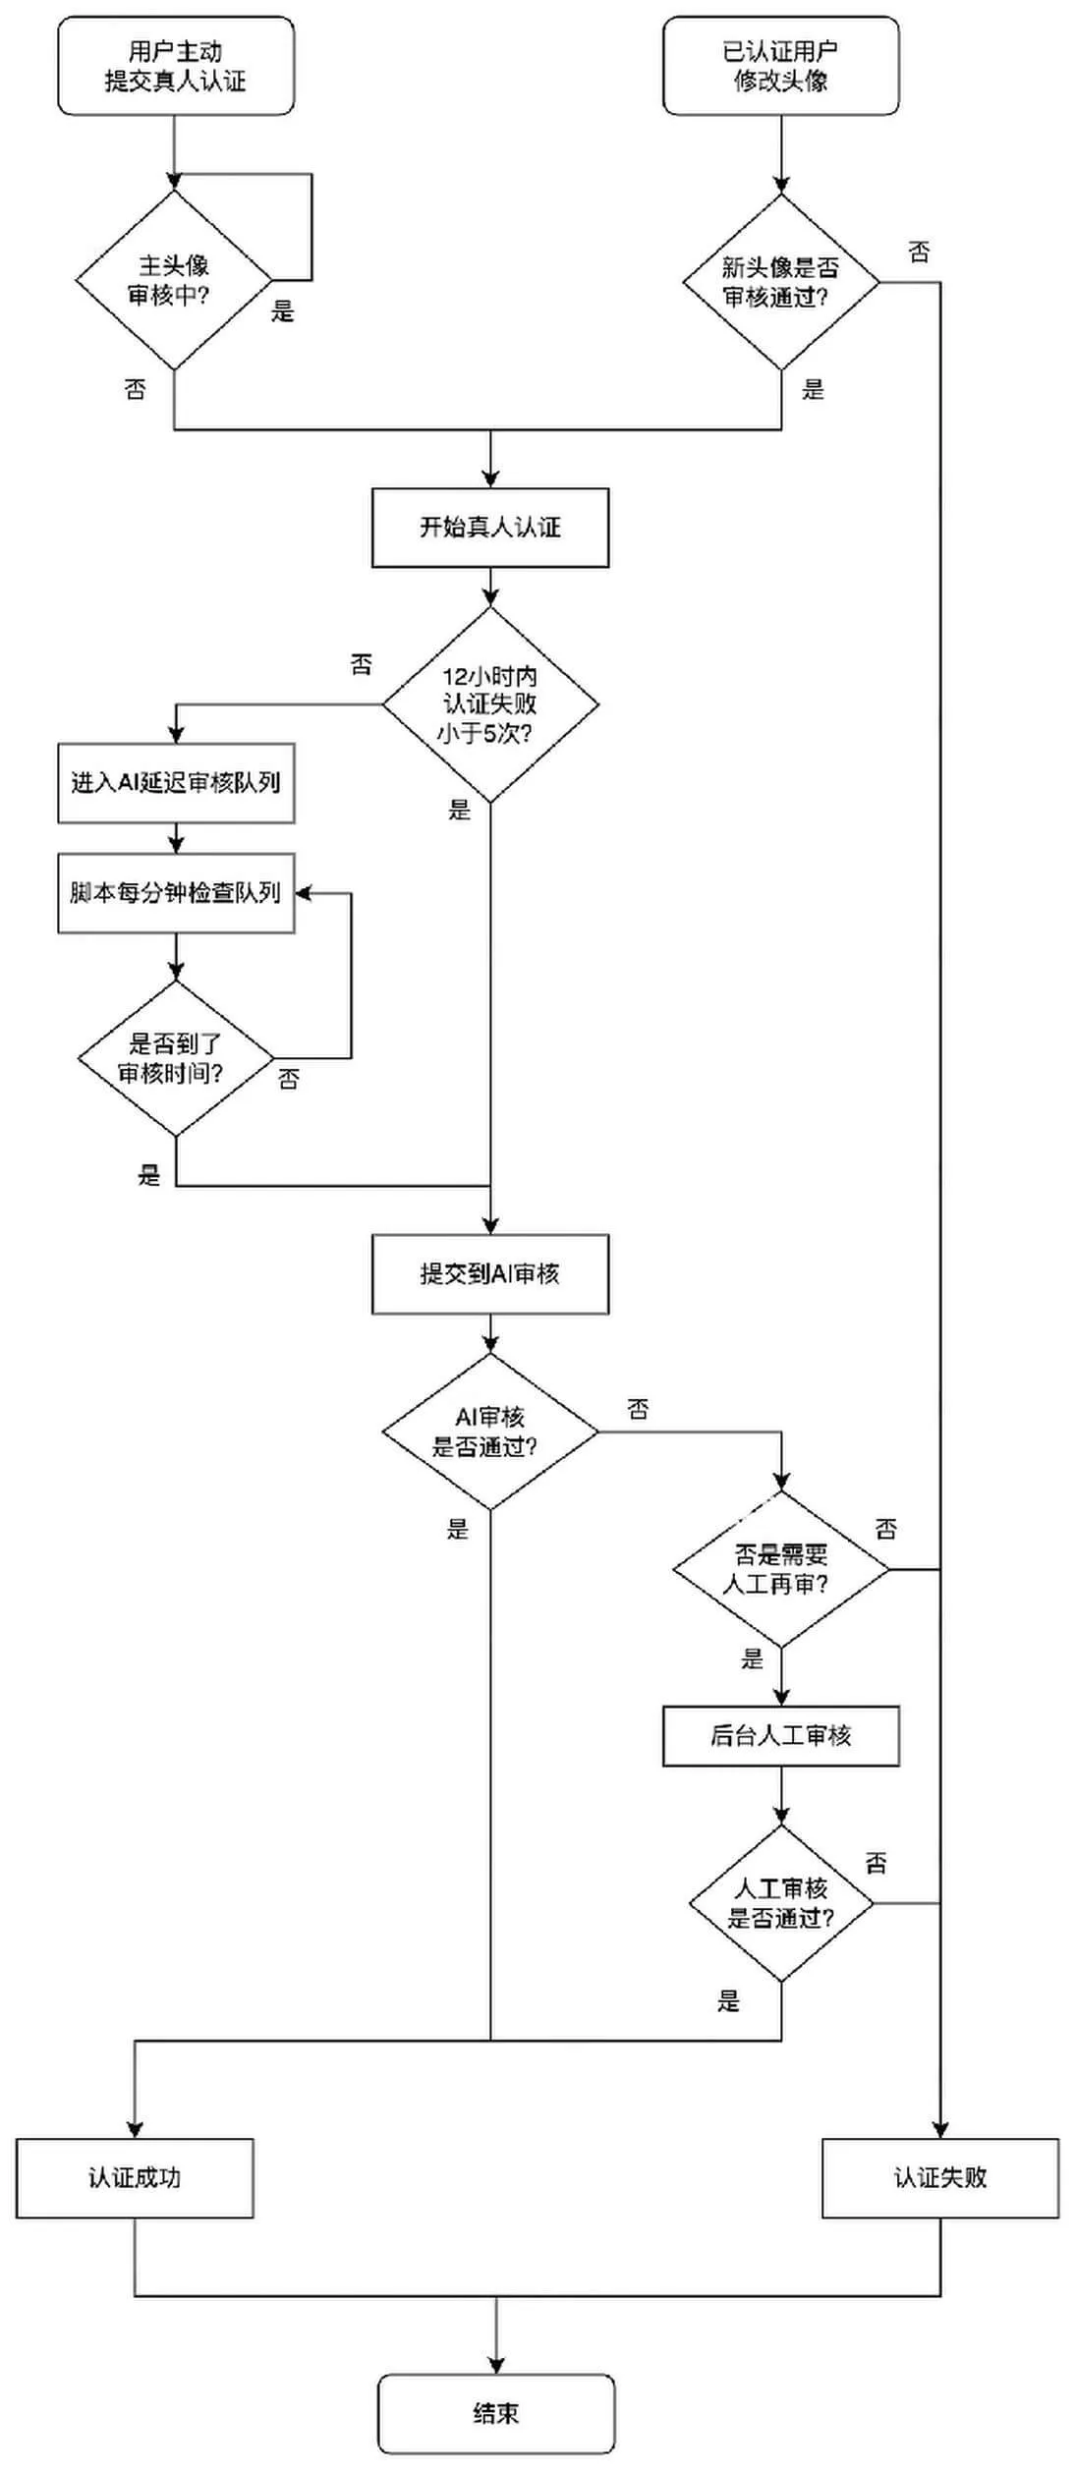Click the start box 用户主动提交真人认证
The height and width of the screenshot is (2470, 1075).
[x=176, y=66]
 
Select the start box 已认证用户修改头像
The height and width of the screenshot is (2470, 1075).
[x=780, y=66]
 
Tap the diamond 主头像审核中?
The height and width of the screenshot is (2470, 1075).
[x=175, y=280]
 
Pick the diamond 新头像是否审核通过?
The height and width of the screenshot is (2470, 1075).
[x=781, y=282]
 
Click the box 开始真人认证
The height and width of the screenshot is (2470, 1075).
[x=489, y=528]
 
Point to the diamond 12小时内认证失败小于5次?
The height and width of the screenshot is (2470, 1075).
[x=489, y=704]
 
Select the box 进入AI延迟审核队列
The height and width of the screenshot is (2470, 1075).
[x=176, y=783]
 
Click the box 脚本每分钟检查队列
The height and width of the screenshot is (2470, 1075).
[x=176, y=893]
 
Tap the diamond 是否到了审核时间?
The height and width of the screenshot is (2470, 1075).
[x=175, y=1058]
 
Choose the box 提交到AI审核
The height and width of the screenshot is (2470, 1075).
[x=489, y=1274]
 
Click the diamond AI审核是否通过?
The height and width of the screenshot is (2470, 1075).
[x=489, y=1431]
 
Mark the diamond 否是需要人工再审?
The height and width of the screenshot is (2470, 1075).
[x=780, y=1569]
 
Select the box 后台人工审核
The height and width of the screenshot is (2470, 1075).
[x=780, y=1736]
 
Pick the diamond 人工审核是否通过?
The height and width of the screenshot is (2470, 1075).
[x=780, y=1903]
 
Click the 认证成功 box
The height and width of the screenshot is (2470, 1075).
[x=135, y=2178]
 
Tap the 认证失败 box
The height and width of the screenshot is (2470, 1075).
[x=940, y=2178]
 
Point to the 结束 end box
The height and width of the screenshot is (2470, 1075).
[x=496, y=2414]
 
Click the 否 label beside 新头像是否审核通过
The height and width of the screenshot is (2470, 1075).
[x=919, y=253]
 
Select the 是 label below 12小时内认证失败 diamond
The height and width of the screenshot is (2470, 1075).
[x=459, y=810]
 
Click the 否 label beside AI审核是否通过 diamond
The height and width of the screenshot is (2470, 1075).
[x=638, y=1410]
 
